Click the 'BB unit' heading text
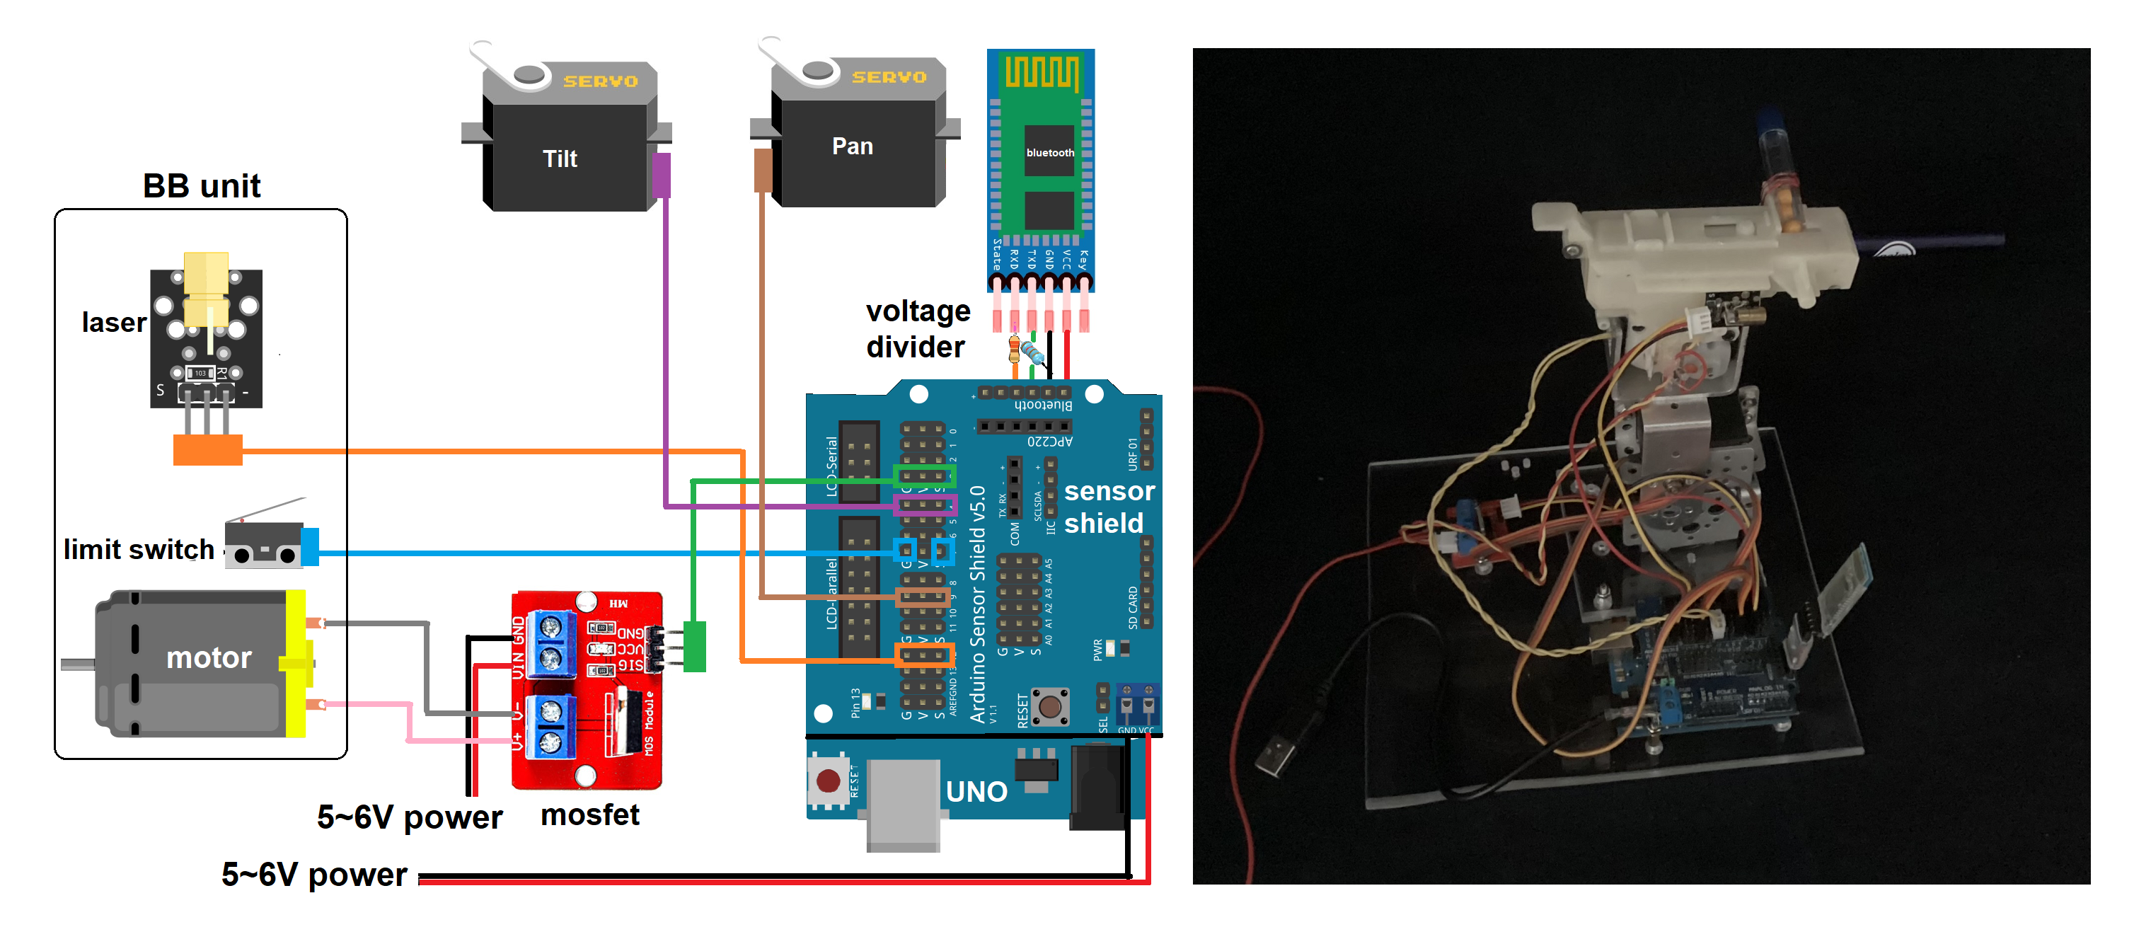click(202, 186)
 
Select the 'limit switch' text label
click(139, 549)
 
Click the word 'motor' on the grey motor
click(209, 658)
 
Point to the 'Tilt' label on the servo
click(560, 159)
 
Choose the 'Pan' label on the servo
click(853, 146)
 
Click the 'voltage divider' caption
click(917, 329)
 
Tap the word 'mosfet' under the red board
click(590, 815)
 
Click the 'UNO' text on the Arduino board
click(976, 792)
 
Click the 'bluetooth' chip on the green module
click(1049, 151)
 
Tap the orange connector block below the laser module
click(208, 450)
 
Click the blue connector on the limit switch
click(311, 548)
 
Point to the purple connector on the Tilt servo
click(661, 175)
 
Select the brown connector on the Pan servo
click(763, 170)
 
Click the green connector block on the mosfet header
click(695, 646)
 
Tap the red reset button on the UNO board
click(828, 781)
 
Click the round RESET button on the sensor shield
click(1049, 708)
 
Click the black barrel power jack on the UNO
click(1097, 787)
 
